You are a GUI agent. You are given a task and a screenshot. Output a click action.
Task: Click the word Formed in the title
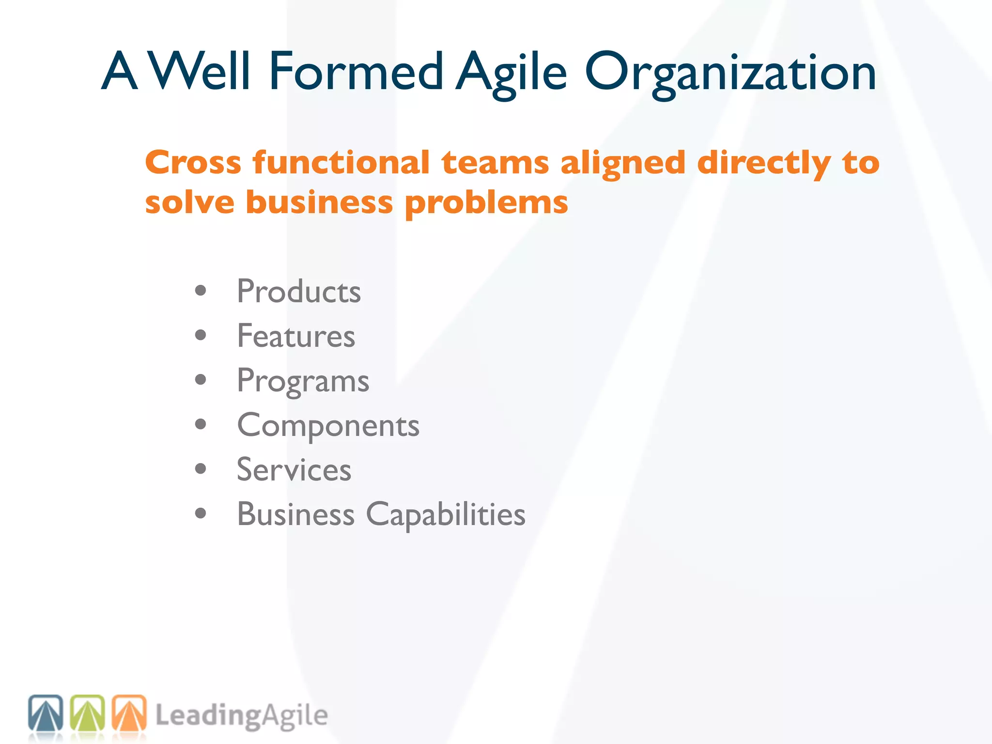356,72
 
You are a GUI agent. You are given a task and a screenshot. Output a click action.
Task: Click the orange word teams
495,163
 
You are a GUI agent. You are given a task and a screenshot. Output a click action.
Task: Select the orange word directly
764,164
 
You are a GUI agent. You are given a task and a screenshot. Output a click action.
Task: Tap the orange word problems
486,203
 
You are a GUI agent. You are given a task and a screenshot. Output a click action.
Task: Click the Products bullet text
298,292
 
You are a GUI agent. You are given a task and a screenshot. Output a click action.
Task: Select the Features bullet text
296,336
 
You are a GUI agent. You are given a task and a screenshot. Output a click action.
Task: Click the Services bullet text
294,470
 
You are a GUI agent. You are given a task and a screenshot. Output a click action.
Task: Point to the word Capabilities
446,515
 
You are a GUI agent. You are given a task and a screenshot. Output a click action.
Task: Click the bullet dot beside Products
201,291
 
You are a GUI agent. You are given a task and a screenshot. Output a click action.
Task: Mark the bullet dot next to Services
201,469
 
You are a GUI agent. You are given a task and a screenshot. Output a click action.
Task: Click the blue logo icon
46,713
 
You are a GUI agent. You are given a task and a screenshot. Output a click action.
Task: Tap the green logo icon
88,713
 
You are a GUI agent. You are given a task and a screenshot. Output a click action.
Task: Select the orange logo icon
129,713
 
